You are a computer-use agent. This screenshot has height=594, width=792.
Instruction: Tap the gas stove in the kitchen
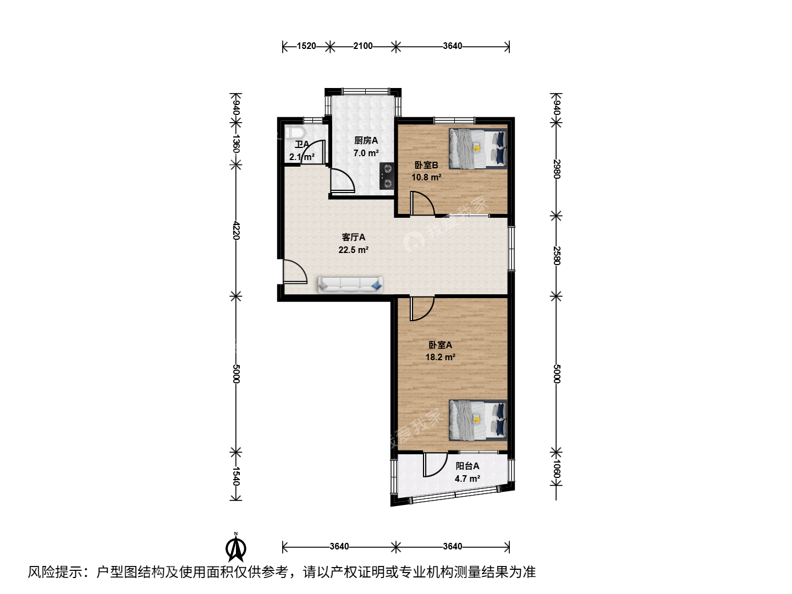[x=387, y=176]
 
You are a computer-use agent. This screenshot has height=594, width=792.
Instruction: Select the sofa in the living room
[x=350, y=284]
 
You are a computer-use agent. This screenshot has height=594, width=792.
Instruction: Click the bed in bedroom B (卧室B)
[x=478, y=148]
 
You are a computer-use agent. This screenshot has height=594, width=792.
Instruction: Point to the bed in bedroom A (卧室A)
[x=478, y=420]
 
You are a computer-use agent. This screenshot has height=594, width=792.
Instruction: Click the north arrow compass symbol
[x=236, y=547]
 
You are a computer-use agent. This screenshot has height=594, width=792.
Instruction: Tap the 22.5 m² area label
[x=353, y=250]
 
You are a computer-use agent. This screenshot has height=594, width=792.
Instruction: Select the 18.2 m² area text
[x=440, y=357]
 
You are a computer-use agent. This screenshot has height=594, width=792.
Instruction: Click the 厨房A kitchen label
[x=366, y=140]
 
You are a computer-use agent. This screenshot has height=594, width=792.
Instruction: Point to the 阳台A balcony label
[x=468, y=466]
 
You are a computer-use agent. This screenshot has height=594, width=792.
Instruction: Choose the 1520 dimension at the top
[x=306, y=46]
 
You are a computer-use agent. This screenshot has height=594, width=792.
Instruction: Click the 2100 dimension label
[x=363, y=46]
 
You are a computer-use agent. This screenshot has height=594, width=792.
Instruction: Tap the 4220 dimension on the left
[x=236, y=230]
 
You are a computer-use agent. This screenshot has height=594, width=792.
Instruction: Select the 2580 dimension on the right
[x=557, y=256]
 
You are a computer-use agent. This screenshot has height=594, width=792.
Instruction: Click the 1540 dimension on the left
[x=236, y=476]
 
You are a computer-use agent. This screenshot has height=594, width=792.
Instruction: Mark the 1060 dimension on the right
[x=557, y=469]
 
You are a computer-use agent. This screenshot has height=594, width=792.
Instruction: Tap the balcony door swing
[x=435, y=465]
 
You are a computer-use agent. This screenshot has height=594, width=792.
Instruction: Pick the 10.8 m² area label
[x=426, y=178]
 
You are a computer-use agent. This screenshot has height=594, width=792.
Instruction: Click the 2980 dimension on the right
[x=557, y=169]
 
